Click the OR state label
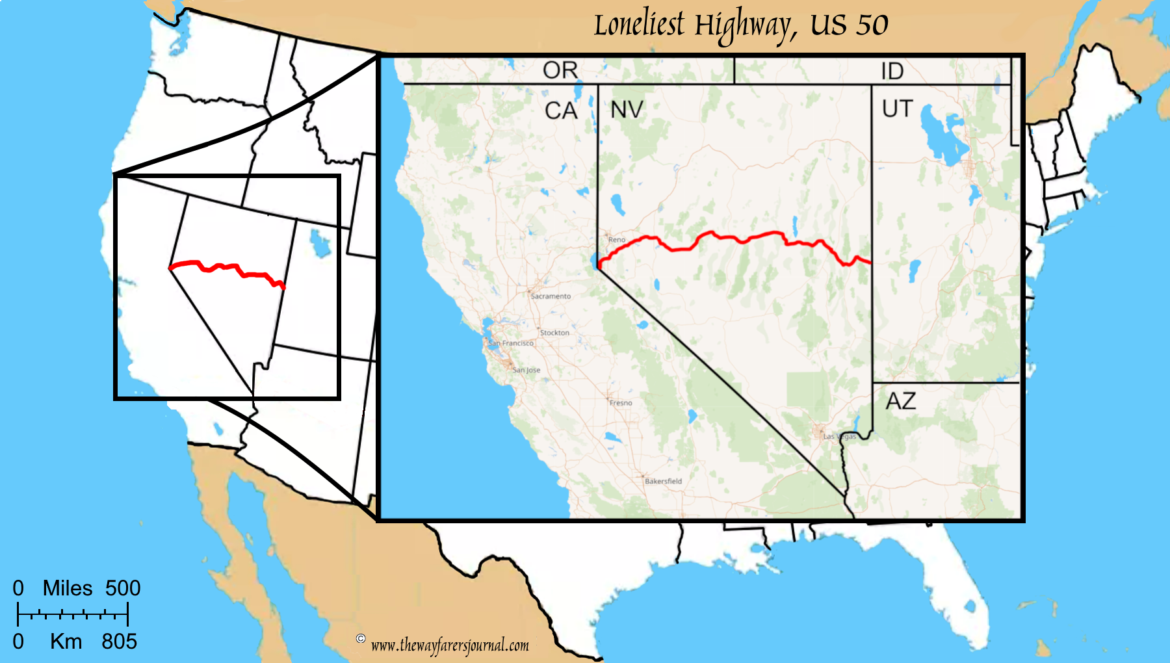560,70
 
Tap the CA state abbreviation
561,111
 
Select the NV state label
627,110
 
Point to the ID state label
892,71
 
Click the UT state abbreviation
898,109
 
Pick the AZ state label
901,401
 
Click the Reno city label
617,240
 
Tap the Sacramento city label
551,296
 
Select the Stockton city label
554,333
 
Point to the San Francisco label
511,343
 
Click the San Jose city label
526,370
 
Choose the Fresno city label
621,403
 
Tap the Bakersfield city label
663,482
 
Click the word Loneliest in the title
638,25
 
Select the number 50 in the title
872,25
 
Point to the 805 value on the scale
119,642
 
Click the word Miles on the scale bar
68,588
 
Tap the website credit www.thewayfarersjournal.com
450,645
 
